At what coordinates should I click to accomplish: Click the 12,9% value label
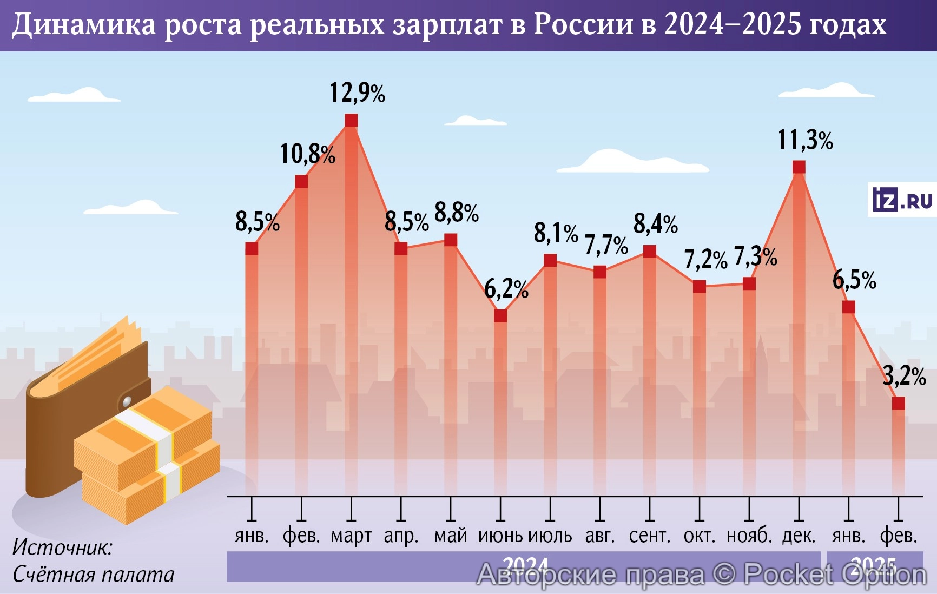click(358, 93)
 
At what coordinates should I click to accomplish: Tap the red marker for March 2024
click(351, 120)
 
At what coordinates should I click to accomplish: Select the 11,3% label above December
click(805, 140)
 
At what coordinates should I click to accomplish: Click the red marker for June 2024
click(500, 315)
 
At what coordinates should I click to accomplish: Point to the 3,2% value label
click(904, 376)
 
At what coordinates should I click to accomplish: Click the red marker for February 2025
click(898, 403)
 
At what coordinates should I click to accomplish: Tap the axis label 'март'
click(351, 536)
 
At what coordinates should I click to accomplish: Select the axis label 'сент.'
click(649, 536)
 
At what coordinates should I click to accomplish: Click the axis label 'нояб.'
click(749, 536)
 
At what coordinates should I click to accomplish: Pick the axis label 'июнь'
click(500, 536)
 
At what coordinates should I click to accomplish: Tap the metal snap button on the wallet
click(127, 401)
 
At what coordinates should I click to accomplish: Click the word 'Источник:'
click(62, 547)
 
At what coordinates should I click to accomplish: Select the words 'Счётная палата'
click(93, 575)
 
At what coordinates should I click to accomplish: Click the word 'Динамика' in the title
click(84, 25)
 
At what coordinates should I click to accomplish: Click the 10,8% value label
click(307, 154)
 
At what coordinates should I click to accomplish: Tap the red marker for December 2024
click(799, 167)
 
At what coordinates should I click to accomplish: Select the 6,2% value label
click(506, 289)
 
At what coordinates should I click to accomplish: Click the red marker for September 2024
click(649, 252)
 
